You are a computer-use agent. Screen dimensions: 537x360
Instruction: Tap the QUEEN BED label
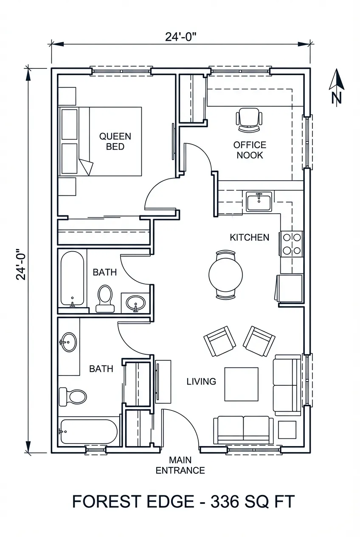[x=115, y=141]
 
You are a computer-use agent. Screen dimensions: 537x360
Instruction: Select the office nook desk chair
[x=249, y=119]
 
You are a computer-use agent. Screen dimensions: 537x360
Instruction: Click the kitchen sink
[x=259, y=201]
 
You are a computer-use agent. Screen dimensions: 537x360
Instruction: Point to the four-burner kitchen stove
[x=292, y=244]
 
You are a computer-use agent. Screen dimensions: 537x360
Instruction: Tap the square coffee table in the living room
[x=241, y=384]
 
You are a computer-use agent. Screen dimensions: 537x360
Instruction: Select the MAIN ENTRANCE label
[x=180, y=465]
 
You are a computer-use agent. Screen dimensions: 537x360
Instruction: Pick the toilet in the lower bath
[x=73, y=396]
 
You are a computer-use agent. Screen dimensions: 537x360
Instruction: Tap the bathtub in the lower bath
[x=88, y=432]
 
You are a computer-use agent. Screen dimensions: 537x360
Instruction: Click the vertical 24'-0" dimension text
[x=21, y=264]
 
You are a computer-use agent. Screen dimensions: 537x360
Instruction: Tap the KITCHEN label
[x=249, y=237]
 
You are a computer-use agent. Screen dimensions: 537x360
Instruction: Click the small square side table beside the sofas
[x=287, y=430]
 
